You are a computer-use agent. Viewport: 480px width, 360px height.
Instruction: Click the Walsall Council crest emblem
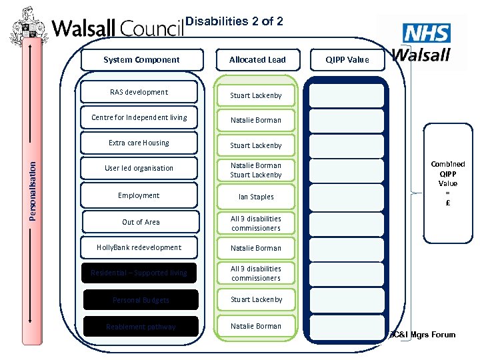tap(27, 27)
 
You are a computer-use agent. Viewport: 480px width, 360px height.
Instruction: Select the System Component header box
tap(141, 60)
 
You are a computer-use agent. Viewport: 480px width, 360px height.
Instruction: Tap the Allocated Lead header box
tap(257, 60)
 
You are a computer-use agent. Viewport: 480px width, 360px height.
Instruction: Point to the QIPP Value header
tap(347, 60)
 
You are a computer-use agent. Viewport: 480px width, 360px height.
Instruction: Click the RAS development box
tap(139, 93)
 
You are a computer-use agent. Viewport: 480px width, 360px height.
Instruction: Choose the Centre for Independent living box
tap(139, 118)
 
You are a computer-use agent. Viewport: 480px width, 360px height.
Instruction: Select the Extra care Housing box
tap(139, 143)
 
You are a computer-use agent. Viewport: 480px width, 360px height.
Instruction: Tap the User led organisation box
tap(139, 169)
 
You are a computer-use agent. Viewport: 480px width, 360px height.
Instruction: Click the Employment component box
tap(139, 196)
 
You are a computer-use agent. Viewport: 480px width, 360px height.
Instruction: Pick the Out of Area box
tap(141, 222)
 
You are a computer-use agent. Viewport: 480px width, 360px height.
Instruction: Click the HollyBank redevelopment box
tap(139, 248)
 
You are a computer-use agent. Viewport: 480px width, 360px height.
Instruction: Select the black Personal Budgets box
tap(141, 300)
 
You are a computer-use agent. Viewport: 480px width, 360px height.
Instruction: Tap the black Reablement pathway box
tap(141, 327)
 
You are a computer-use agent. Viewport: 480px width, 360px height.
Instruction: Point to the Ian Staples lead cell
tap(256, 197)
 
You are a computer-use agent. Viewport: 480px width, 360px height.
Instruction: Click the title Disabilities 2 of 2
tap(234, 21)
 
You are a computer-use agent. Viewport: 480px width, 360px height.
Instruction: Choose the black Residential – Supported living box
tap(139, 273)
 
